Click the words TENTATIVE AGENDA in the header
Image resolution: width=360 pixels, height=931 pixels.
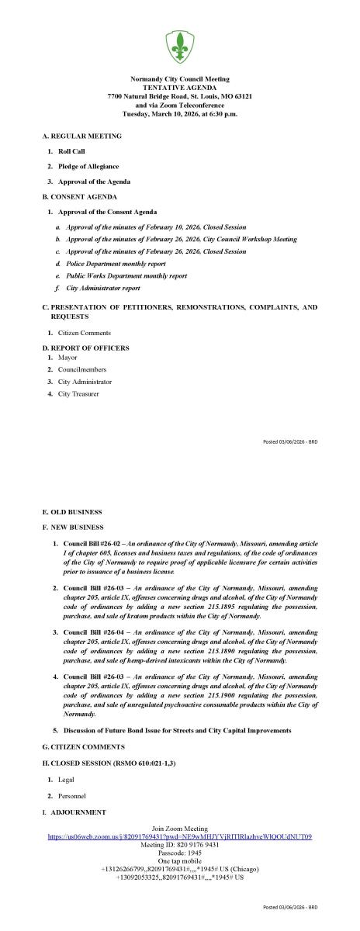180,88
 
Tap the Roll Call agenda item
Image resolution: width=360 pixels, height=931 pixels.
71,151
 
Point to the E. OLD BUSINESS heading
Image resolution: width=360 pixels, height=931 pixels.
72,512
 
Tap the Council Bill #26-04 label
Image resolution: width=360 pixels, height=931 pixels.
92,633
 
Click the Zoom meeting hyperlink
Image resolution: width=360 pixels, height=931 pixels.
179,837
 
